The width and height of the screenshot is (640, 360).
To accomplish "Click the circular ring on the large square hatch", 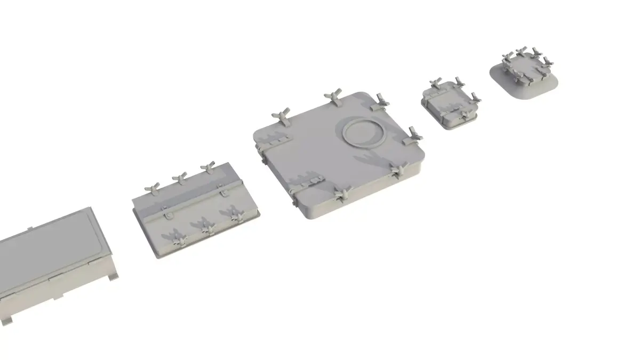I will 364,132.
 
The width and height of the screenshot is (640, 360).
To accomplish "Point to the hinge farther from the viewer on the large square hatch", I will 273,139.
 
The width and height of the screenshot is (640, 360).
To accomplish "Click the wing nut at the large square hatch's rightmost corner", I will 413,134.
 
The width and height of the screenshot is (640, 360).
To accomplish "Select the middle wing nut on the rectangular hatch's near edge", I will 205,226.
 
